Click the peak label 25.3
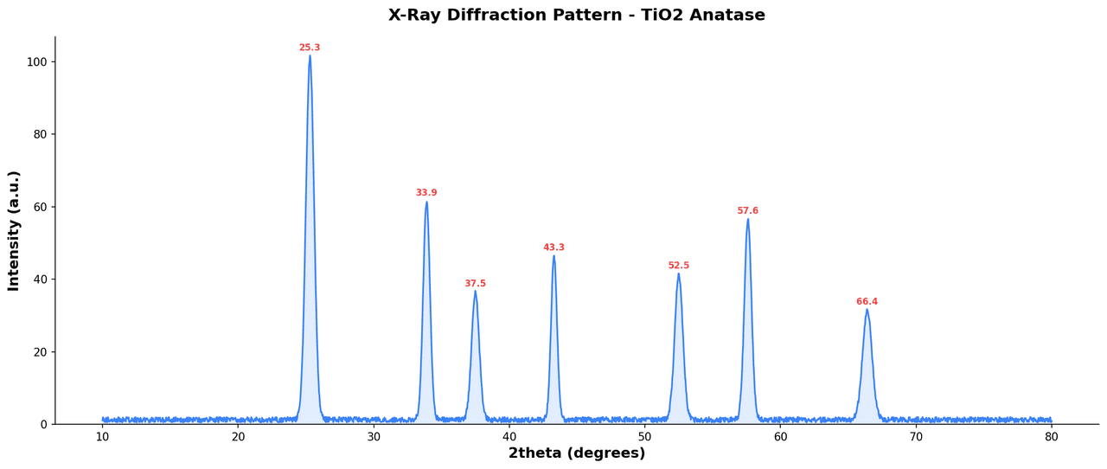tap(310, 48)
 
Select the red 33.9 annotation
tap(426, 193)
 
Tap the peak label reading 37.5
tap(475, 284)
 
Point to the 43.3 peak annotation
tap(553, 247)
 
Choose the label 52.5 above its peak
tap(679, 266)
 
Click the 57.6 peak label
tap(747, 211)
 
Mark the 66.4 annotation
tap(867, 302)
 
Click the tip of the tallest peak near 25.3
tap(310, 57)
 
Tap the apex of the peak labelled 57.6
tap(748, 219)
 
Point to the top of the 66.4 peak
tap(867, 310)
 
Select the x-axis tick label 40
tap(509, 438)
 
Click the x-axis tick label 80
tap(1052, 438)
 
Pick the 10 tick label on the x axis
tap(103, 438)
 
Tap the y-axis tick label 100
tap(37, 62)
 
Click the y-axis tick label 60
tap(41, 207)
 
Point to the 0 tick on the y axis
tap(44, 425)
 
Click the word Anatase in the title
tap(727, 16)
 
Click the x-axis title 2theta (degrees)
tap(577, 453)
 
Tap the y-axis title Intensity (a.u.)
tap(14, 230)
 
